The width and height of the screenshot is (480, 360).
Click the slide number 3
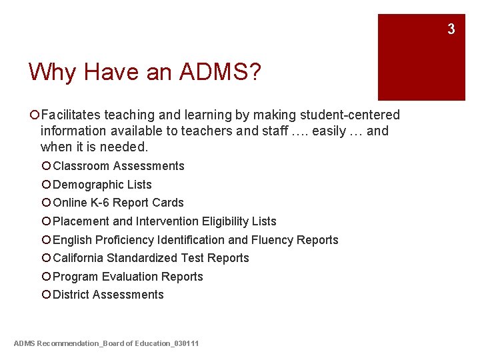coord(451,29)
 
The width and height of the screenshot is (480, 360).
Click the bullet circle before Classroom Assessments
coord(45,166)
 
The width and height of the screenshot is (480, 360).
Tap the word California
coord(79,258)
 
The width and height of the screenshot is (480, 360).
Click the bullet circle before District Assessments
coord(45,295)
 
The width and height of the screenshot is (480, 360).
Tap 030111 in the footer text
coord(187,343)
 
